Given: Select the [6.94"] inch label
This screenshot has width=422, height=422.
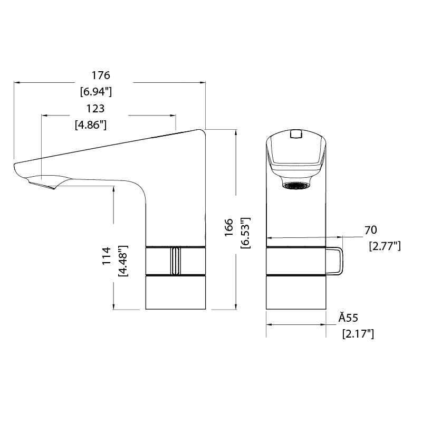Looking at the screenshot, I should (96, 91).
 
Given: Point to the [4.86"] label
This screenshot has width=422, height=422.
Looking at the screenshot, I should (91, 125).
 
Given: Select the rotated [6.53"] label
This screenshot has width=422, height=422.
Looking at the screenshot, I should (245, 232).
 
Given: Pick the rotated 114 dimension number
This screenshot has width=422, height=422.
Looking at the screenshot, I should (107, 256).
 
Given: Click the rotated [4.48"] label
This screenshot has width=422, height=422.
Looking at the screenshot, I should (123, 261).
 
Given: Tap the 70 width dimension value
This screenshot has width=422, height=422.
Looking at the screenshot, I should (371, 229).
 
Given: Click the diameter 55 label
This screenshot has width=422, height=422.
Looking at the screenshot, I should (349, 318).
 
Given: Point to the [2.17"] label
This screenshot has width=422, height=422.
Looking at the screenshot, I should (358, 333).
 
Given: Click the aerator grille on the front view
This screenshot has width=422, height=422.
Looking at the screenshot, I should (295, 185).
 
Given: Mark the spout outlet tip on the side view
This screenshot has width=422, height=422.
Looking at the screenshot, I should (42, 184).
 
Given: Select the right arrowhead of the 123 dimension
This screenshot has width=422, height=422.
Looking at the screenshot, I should (173, 114).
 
